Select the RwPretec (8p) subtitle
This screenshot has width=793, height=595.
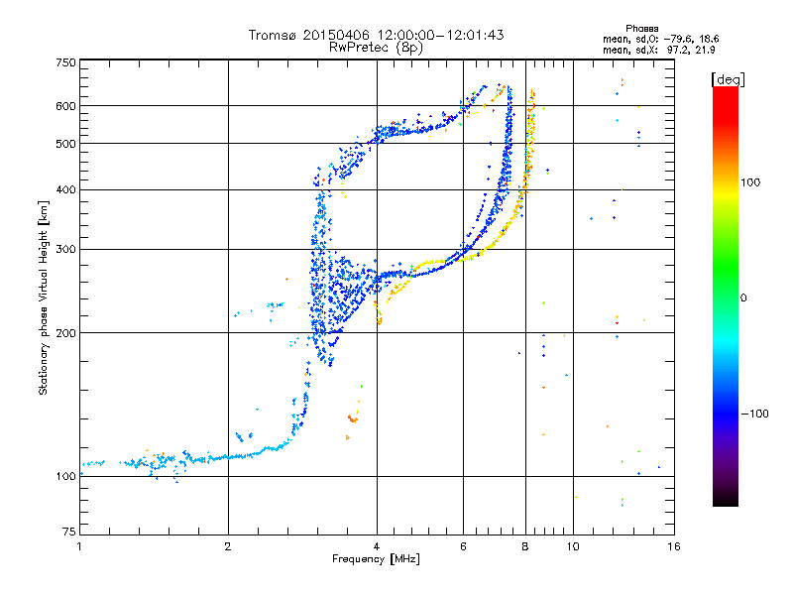[x=376, y=48]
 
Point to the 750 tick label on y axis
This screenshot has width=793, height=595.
[x=65, y=62]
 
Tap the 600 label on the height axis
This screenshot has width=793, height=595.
[x=65, y=106]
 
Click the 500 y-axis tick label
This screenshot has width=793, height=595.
[x=65, y=144]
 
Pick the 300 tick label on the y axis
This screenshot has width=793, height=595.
[x=65, y=249]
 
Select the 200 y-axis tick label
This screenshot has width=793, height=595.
[x=65, y=333]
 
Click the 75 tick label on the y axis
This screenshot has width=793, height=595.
[x=69, y=532]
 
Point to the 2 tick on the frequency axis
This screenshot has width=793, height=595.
[x=228, y=546]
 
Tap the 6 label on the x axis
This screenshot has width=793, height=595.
[x=463, y=546]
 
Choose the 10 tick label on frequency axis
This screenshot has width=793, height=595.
[x=573, y=546]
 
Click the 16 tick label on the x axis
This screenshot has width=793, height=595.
[x=674, y=546]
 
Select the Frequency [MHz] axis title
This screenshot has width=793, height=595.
[x=376, y=559]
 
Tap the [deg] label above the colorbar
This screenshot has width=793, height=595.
[x=728, y=79]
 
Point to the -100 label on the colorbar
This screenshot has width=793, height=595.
[x=755, y=414]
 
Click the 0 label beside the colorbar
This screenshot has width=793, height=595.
[x=743, y=298]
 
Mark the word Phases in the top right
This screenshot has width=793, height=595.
[x=642, y=29]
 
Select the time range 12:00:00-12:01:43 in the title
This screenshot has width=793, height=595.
[x=441, y=35]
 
